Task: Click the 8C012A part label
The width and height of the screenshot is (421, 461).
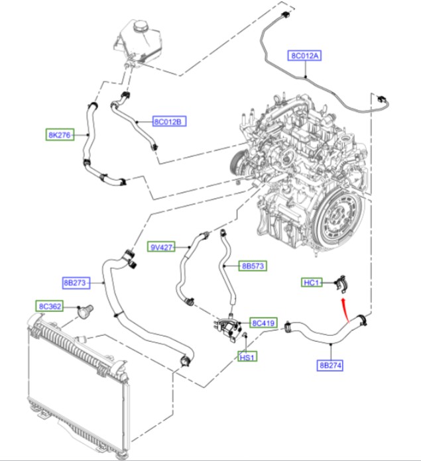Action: coord(304,56)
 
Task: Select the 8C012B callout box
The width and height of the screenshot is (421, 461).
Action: coord(170,121)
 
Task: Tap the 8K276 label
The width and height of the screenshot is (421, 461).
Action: coord(60,134)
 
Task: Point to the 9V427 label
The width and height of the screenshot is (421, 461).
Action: coord(161,247)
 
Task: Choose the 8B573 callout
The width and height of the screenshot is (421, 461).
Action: coord(253,266)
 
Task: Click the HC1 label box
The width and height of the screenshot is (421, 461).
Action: coord(312,283)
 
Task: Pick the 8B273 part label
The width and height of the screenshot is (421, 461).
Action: coord(76,283)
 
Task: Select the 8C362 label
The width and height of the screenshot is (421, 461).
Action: coord(50,307)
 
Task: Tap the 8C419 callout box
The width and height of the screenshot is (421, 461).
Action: coord(263,323)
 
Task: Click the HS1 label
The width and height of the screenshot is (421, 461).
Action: coord(247,357)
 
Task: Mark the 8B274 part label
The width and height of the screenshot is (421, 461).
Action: coord(330,365)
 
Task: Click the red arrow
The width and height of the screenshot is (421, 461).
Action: coord(345,311)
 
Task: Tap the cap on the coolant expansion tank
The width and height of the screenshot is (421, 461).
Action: coord(141,25)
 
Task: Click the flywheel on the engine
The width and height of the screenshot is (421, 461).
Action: coord(337,219)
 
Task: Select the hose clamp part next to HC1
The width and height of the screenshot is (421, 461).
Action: coord(341,284)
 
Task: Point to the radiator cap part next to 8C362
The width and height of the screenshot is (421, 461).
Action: coord(86,311)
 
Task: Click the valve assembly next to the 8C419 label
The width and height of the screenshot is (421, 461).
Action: coord(227,327)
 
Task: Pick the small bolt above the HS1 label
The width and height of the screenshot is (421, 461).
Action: coord(245,335)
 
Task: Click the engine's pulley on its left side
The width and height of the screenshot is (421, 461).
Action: coord(235,163)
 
